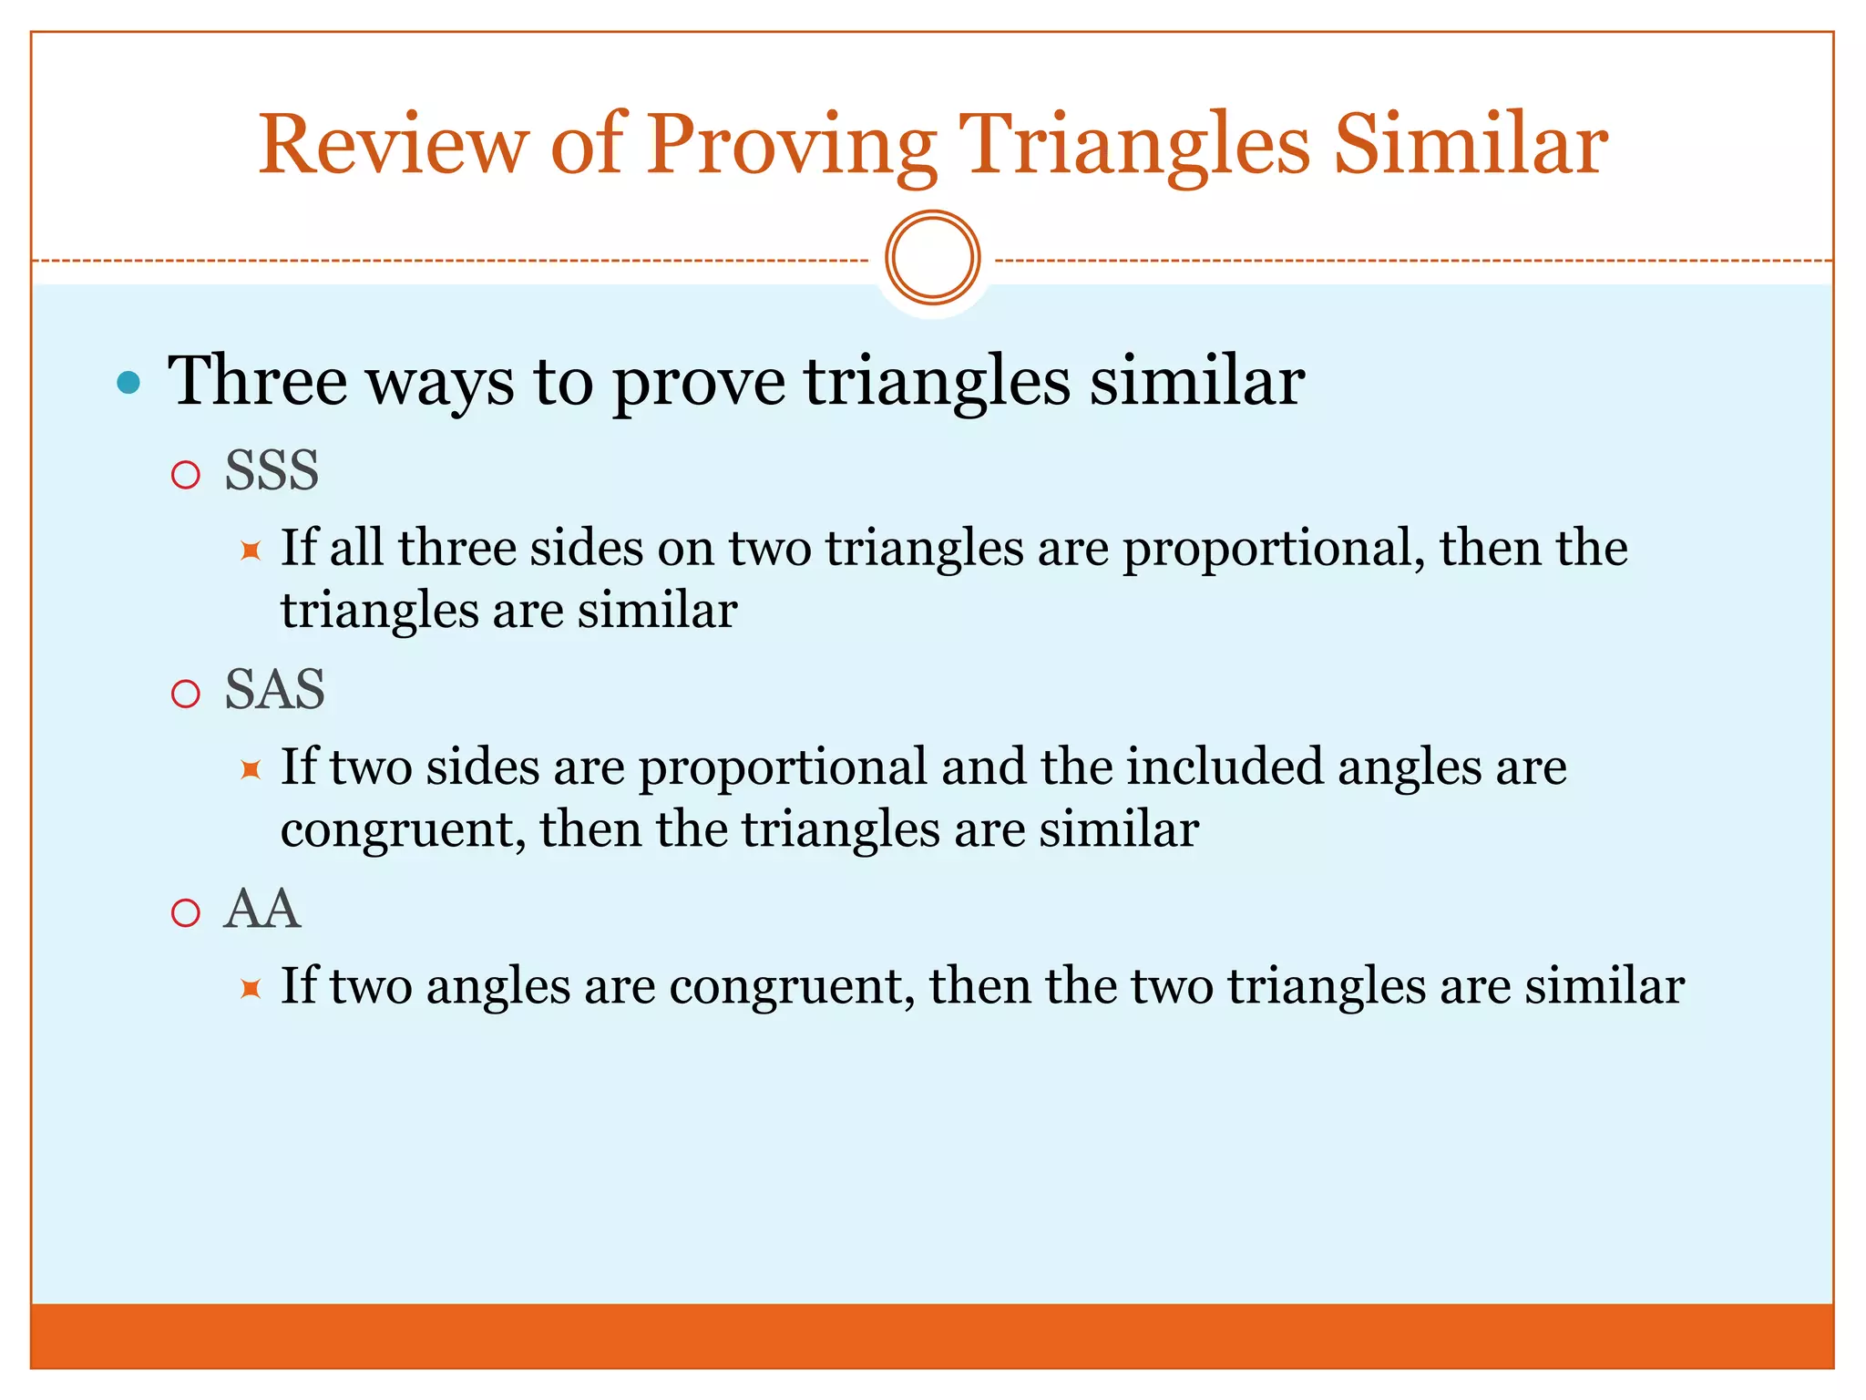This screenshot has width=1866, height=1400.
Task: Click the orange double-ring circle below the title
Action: tap(932, 258)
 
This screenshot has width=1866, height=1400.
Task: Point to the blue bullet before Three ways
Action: tap(129, 382)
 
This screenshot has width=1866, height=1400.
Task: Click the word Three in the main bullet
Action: tap(258, 380)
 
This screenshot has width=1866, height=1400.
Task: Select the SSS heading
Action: tap(272, 470)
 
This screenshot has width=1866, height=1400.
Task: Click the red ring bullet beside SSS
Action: tap(186, 475)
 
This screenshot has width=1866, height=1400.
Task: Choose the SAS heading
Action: tap(274, 689)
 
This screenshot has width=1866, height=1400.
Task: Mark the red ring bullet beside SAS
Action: tap(186, 695)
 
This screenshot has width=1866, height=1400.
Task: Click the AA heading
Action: tap(262, 909)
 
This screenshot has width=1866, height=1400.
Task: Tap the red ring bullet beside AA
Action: tap(186, 913)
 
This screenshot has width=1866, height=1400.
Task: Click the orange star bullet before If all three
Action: tap(251, 551)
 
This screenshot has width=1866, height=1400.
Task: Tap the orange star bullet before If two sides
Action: tap(251, 770)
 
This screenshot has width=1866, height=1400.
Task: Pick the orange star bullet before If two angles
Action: tap(251, 989)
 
